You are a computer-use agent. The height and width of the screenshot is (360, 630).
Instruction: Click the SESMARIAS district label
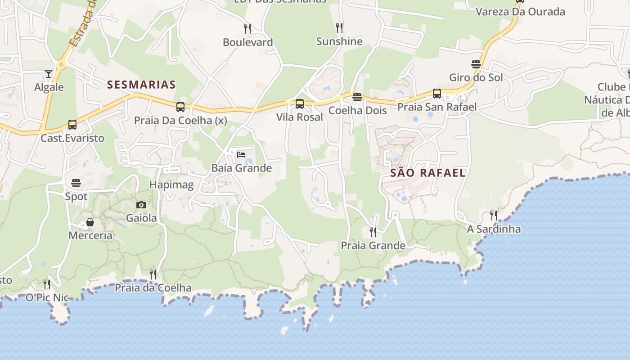coord(141,85)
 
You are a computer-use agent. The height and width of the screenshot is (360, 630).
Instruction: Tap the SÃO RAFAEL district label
coord(427,173)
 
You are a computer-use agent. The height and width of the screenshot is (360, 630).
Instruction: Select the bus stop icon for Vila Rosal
coord(300,104)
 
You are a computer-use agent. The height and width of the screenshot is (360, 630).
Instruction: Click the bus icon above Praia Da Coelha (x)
coord(180,107)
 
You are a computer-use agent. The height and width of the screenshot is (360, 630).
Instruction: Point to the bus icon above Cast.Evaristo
coord(72,124)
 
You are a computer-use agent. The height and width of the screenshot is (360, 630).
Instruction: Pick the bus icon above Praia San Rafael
coord(437,94)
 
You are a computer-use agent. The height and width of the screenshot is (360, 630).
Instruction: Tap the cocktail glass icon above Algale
coord(49,73)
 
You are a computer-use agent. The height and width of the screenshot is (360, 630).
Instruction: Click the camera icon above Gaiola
coord(141,205)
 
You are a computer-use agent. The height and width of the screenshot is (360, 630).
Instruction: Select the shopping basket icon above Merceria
coord(90,222)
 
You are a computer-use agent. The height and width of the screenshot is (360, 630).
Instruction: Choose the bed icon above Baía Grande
coord(241,155)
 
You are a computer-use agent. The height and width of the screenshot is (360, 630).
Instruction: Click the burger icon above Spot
coord(76,183)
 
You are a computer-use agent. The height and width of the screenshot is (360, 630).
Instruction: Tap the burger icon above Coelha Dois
coord(357,97)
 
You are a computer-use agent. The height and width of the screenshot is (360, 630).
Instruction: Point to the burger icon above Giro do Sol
coord(476,64)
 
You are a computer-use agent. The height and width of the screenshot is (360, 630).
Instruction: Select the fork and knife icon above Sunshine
coord(339,28)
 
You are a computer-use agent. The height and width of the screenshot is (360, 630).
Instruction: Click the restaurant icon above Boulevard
coord(247,29)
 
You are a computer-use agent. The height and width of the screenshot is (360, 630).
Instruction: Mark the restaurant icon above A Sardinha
coord(494,216)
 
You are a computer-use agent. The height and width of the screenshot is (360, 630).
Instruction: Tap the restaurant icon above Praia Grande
coord(373,232)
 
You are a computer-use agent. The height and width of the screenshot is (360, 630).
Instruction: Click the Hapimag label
coord(171,184)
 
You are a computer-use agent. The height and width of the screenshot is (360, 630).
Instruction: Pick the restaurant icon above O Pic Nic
coord(47,284)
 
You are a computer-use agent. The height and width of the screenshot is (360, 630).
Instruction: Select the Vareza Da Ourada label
coord(520,12)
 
